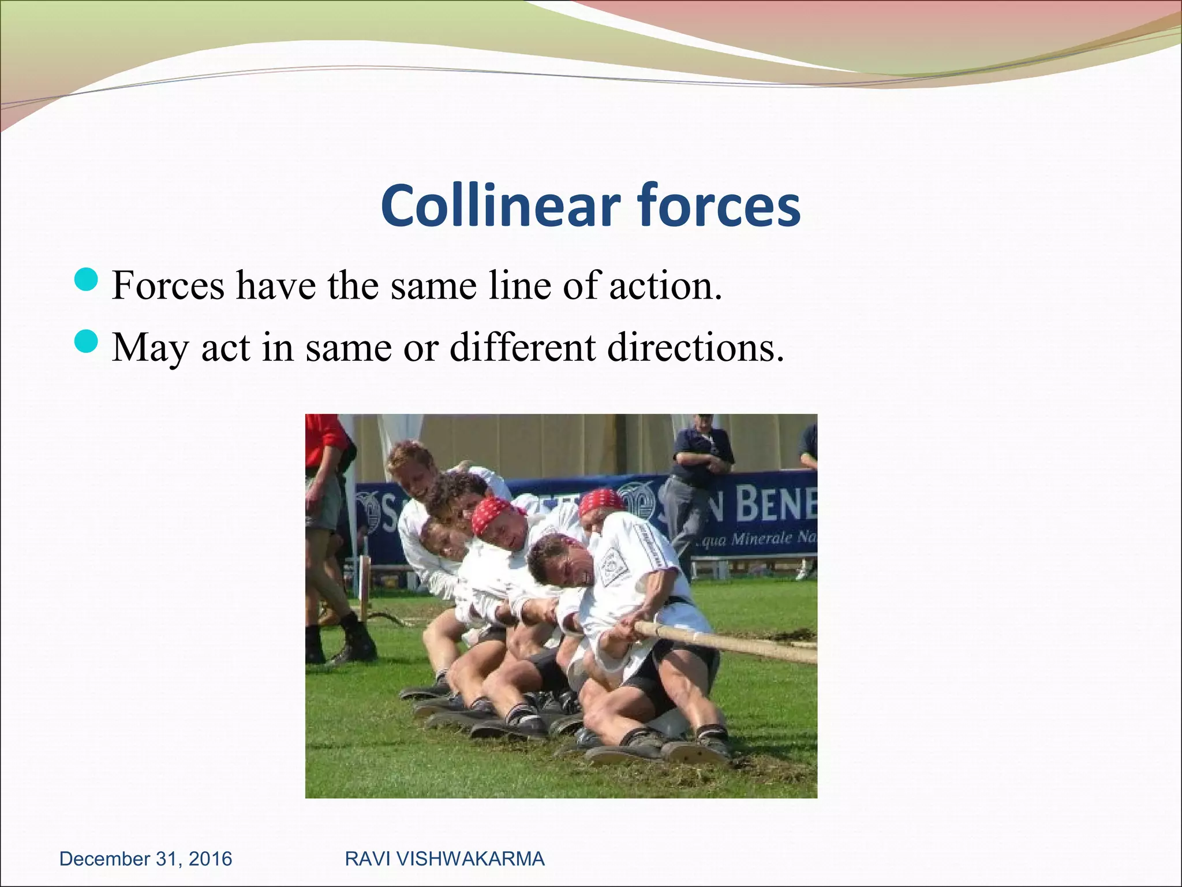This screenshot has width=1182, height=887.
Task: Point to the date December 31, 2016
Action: [x=145, y=859]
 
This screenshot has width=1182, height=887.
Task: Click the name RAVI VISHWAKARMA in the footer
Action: [x=444, y=859]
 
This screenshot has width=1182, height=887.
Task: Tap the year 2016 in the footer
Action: [x=210, y=859]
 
